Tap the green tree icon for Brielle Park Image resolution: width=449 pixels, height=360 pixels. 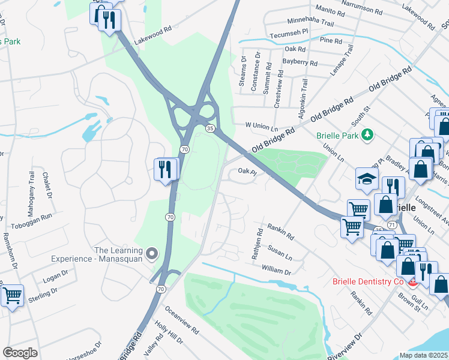(x=368, y=134)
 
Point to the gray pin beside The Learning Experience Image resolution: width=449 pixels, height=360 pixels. (x=152, y=254)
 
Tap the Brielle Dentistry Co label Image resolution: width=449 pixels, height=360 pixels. (x=367, y=281)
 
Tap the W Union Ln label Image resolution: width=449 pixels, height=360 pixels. (x=262, y=127)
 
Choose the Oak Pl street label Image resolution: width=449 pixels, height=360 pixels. (x=247, y=172)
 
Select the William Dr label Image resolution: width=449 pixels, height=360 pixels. (x=276, y=271)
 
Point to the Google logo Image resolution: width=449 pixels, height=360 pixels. (x=19, y=353)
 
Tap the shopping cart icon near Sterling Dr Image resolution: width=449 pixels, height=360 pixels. (x=12, y=296)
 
